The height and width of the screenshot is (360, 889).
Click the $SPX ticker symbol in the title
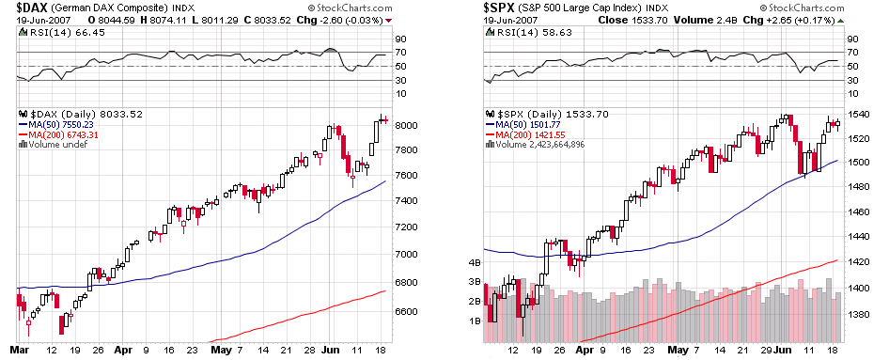click(503, 7)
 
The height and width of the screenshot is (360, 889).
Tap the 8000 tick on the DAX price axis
click(407, 125)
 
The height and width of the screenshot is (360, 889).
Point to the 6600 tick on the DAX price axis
click(407, 311)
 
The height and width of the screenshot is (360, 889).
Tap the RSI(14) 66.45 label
click(54, 32)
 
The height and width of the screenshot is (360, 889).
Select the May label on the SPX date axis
click(678, 351)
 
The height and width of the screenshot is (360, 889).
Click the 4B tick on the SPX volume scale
click(476, 262)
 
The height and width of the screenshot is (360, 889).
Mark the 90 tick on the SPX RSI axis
click(854, 39)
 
